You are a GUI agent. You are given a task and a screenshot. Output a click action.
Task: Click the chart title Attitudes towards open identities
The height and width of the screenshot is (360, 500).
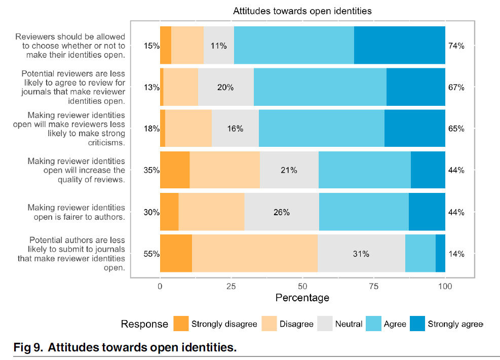pos(302,11)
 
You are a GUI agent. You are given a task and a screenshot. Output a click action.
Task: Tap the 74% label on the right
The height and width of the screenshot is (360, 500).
pos(456,46)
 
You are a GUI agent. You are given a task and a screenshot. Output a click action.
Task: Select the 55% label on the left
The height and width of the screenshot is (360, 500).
pos(151,254)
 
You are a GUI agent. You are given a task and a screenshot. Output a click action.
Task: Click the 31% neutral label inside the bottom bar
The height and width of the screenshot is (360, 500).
pos(361,254)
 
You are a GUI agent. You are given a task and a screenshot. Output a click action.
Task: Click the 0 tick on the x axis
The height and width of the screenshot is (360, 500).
pos(160,286)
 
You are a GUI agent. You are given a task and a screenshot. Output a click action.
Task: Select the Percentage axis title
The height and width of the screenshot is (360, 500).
pos(302,298)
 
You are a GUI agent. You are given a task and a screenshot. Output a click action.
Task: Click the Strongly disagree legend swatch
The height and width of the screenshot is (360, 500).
pos(181,324)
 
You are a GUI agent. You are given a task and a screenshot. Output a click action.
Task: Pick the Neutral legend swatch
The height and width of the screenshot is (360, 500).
pos(325,324)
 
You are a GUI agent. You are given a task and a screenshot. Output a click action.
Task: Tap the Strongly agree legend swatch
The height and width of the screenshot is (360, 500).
pos(417,324)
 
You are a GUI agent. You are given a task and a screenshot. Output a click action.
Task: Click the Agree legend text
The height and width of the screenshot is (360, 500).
pos(395,324)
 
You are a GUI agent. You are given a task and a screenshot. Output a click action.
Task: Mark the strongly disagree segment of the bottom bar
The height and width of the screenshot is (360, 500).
pos(176,254)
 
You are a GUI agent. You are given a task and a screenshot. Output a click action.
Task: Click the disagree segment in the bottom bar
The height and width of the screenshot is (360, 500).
pos(255,254)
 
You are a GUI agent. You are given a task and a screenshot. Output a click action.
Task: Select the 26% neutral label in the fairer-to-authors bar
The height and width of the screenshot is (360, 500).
pos(281,212)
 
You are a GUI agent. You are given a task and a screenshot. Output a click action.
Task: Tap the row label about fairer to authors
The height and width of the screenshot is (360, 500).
pos(76,212)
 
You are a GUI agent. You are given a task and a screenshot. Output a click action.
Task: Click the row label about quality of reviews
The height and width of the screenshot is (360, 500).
pos(76,170)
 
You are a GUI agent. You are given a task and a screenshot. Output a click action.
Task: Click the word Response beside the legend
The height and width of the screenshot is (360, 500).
pos(144,324)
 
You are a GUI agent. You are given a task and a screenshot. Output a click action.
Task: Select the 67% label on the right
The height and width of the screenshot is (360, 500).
pos(456,88)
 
